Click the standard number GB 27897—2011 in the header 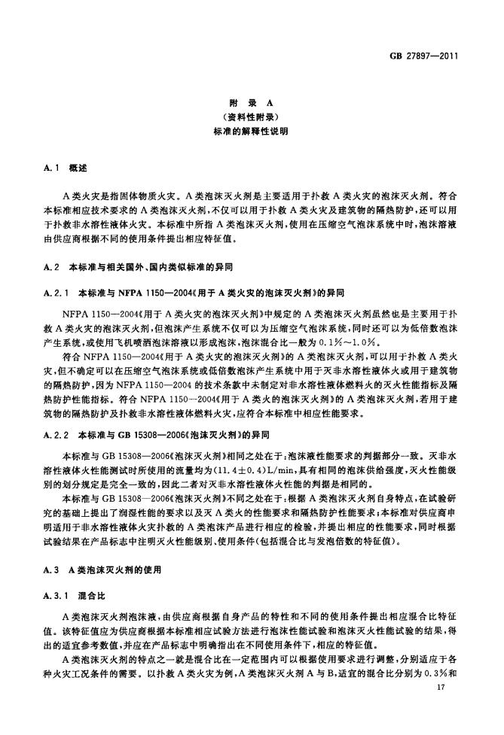pos(425,56)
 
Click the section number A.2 pos(51,266)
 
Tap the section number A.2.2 pos(56,434)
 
